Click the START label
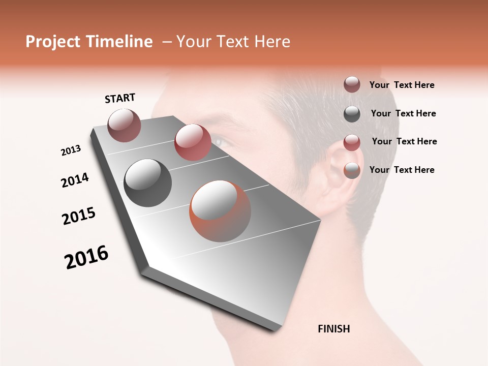coord(120,98)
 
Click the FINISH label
coord(334,329)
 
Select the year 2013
coord(71,150)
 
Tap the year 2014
coord(75,180)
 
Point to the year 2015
coord(79,216)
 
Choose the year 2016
coord(86,257)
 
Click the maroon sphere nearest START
coord(124,125)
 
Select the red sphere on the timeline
coord(193,142)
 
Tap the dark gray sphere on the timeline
coord(148,183)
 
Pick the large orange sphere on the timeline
coord(220,211)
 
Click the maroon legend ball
coord(352,84)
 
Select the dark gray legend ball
coord(352,114)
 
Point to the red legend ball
coord(352,142)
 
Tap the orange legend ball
coord(352,171)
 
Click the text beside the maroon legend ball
coord(402,85)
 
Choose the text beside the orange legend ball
coord(402,170)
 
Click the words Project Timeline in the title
coord(89,42)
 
